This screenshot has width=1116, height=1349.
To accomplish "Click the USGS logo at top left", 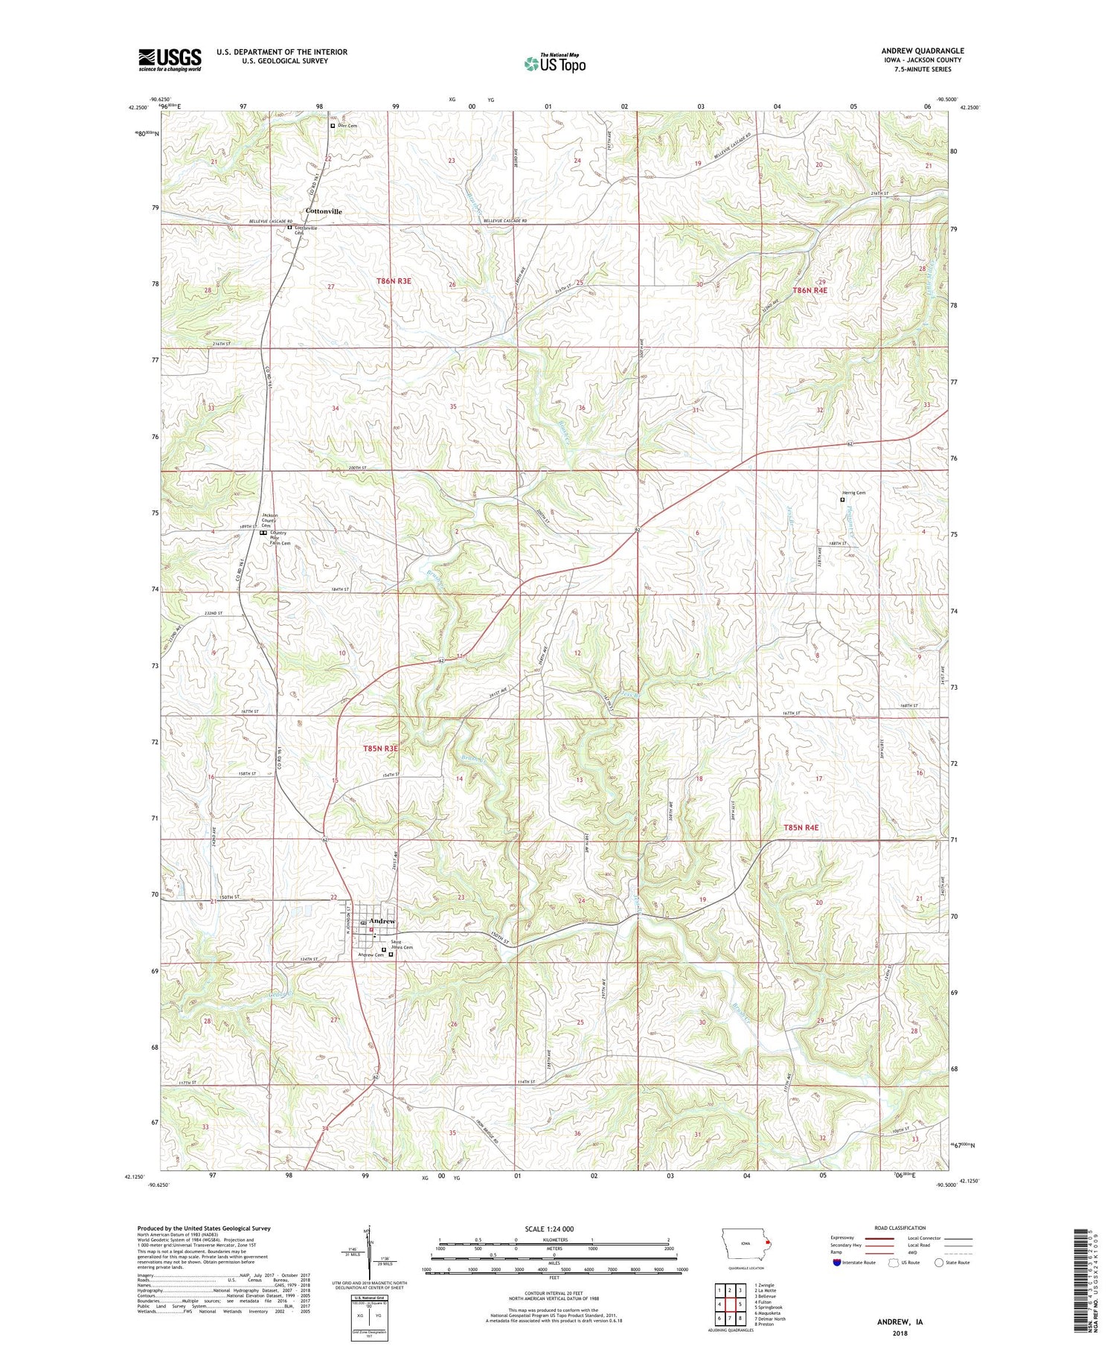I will (170, 60).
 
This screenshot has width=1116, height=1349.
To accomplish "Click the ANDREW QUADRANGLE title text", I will (922, 51).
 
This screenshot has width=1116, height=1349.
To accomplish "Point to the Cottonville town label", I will (324, 211).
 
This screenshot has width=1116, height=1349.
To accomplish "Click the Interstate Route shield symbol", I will (836, 1263).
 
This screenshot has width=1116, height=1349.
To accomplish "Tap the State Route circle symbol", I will (939, 1263).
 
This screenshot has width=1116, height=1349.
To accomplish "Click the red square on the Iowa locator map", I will (769, 1241).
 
